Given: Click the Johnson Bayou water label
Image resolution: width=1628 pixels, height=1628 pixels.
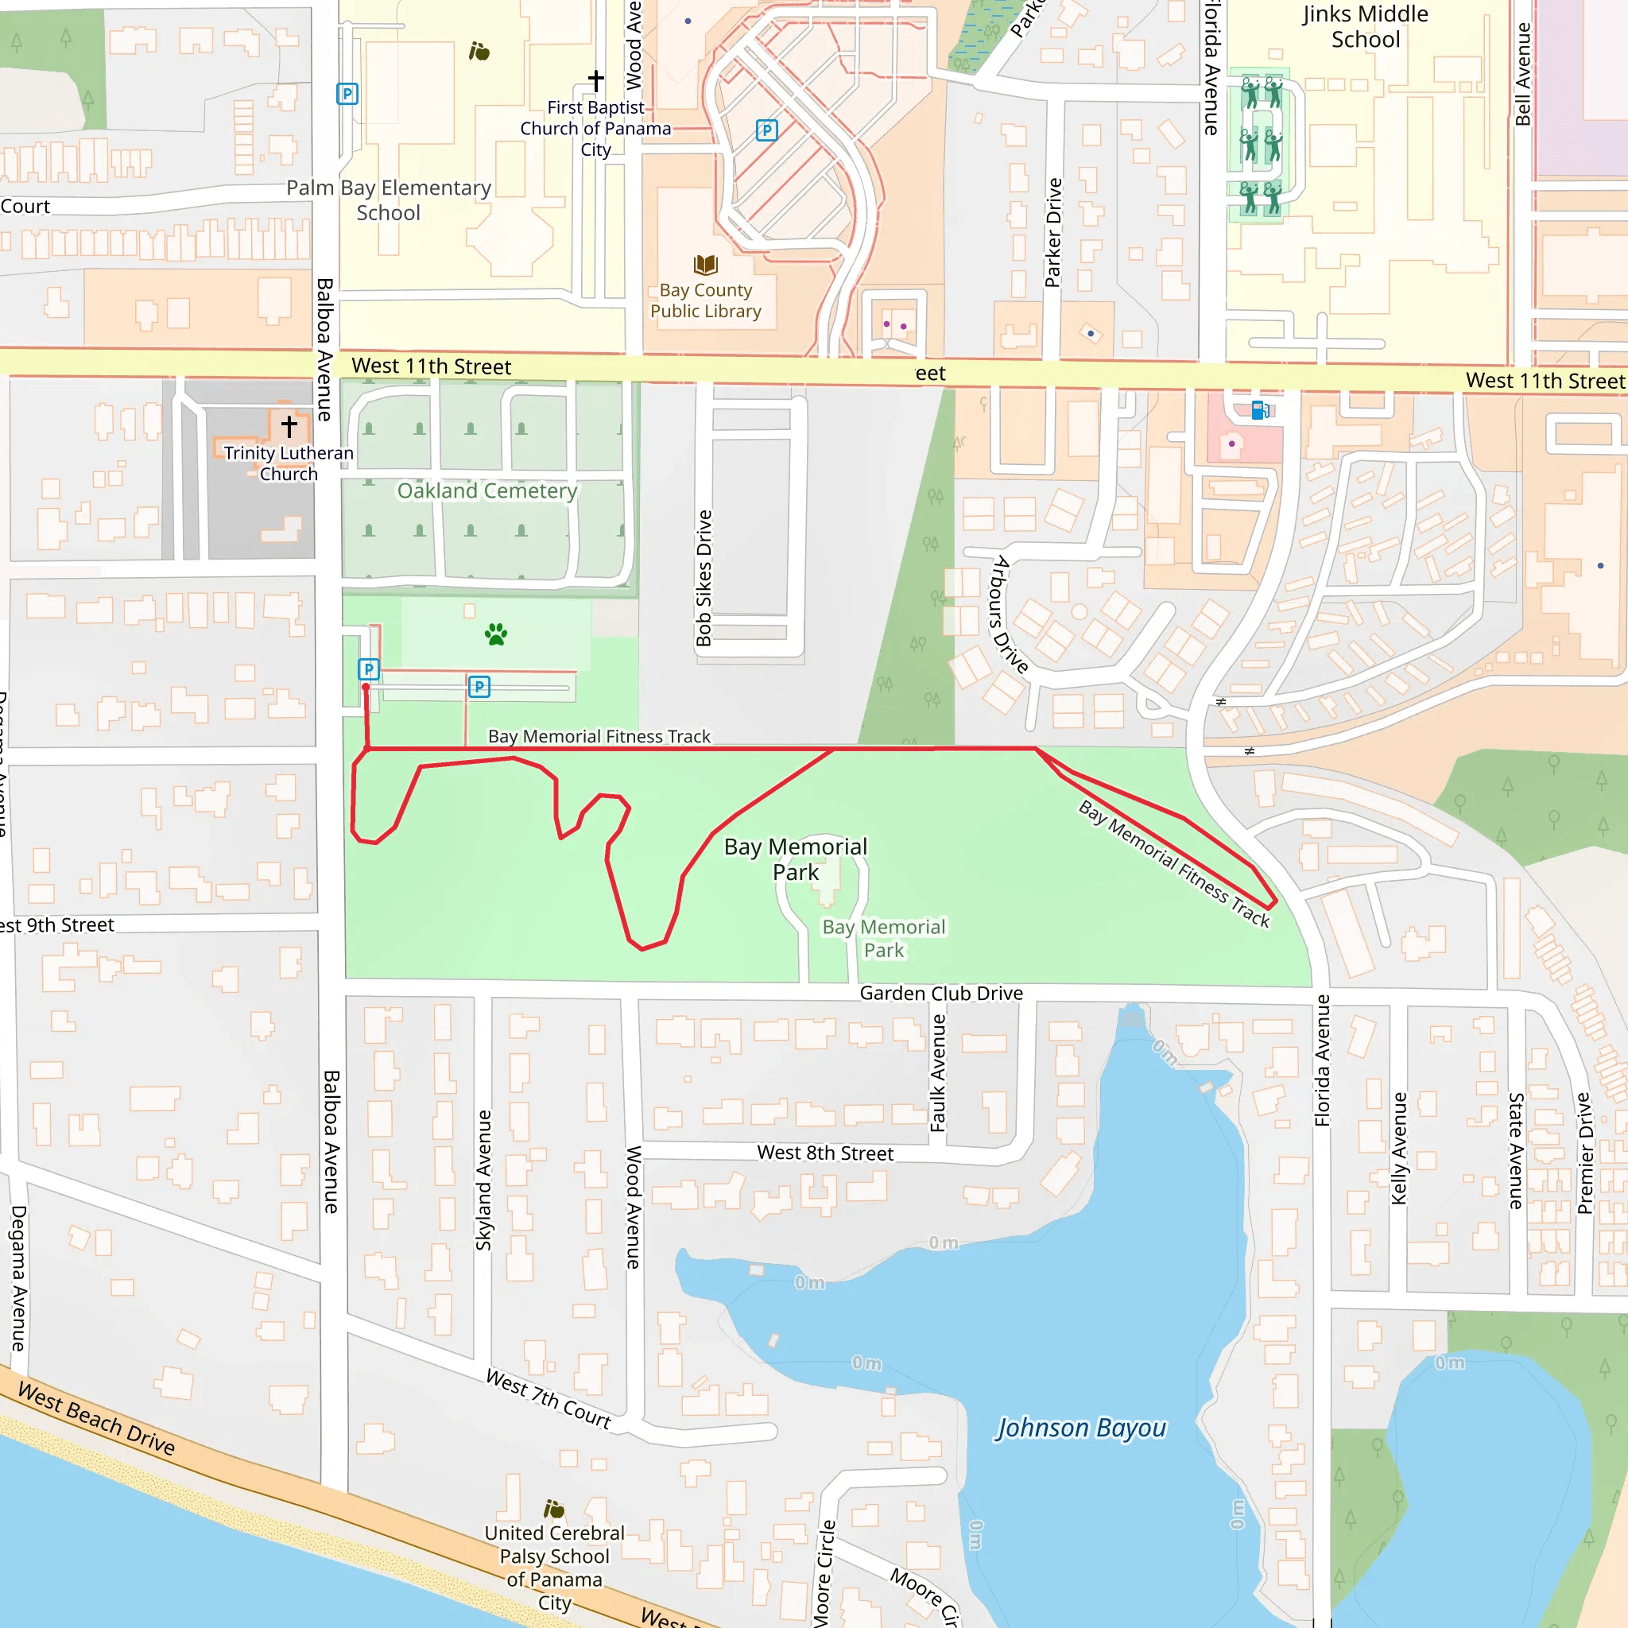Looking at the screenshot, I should tap(1081, 1428).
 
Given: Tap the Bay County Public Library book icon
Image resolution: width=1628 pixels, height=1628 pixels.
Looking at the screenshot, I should tap(705, 266).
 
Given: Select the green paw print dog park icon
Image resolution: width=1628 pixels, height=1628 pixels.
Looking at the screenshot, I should tap(496, 634).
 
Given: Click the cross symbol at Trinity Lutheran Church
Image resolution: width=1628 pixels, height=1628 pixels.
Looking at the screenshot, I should tap(289, 426).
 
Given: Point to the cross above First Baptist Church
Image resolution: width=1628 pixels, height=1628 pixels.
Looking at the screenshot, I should tap(595, 80).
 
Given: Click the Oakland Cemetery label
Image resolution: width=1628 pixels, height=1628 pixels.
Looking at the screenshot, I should tap(487, 490).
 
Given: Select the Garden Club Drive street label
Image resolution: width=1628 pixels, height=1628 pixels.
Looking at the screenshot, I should tap(941, 994).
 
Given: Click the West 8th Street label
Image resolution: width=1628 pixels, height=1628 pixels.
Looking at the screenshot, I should tap(825, 1153).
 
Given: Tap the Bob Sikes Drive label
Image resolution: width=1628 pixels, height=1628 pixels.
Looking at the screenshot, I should tap(704, 578).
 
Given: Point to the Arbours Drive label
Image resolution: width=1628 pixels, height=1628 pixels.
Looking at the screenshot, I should tap(1010, 614).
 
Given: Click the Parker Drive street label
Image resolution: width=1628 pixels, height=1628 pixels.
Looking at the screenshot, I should tap(1053, 233).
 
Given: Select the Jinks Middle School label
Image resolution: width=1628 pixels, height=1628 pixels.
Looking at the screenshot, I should tap(1365, 27).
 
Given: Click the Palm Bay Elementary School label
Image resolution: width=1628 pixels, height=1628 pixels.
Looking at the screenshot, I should tap(389, 200).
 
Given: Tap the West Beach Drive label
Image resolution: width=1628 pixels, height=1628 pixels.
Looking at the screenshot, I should tap(97, 1419).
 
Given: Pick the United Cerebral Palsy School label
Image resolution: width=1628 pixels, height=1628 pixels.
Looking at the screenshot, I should tap(555, 1568).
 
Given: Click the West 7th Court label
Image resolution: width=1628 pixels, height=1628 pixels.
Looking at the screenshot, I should tap(548, 1400).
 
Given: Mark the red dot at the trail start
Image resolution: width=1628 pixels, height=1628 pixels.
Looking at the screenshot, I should tap(366, 688).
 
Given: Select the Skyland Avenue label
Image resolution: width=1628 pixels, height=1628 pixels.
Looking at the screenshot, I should tap(483, 1180).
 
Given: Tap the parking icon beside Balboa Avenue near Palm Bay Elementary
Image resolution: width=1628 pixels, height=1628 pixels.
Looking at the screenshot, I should tap(347, 94).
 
